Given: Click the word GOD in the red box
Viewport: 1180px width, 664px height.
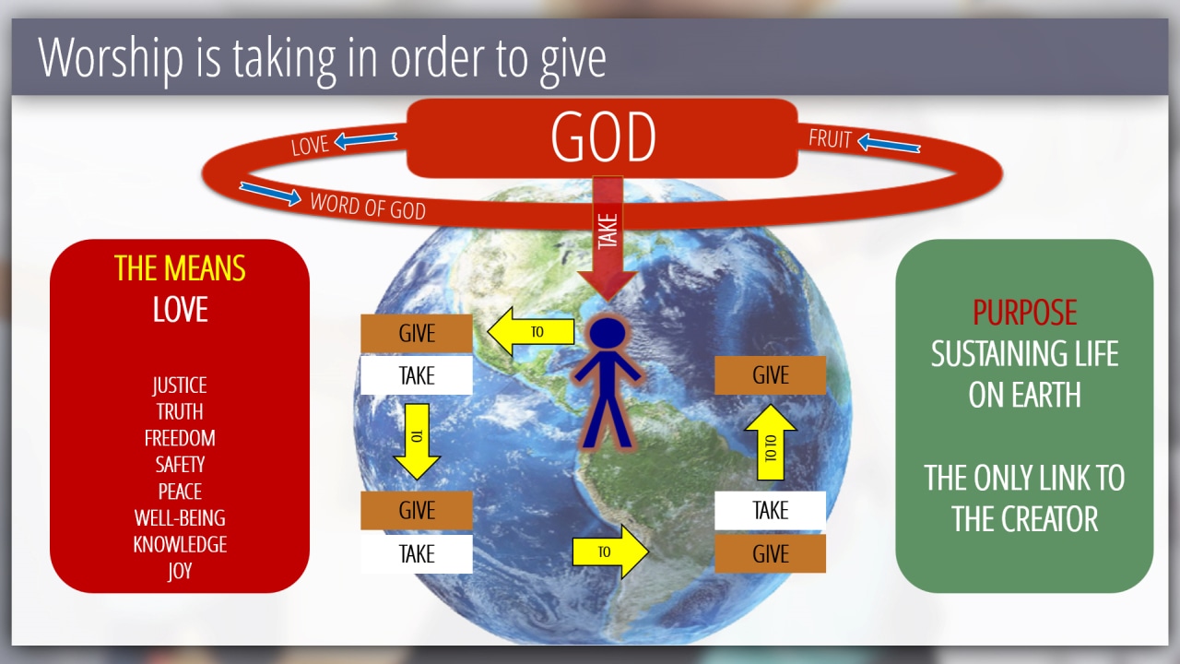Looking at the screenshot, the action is pos(603,137).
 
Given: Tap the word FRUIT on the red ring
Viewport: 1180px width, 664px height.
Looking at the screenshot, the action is pos(830,139).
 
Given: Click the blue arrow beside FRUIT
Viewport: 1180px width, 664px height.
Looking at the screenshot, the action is pos(889,143).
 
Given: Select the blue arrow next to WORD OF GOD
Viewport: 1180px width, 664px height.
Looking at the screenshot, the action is pos(270,194).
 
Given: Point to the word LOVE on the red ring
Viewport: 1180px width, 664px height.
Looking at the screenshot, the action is pos(310,145).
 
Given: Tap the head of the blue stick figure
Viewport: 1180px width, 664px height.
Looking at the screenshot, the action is pos(608,333).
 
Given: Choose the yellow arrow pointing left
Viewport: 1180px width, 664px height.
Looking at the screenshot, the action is pos(531,331).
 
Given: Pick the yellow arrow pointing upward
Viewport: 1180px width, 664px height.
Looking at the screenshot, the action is pos(770,442).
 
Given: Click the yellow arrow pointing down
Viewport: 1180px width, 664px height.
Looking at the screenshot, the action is pos(417,442).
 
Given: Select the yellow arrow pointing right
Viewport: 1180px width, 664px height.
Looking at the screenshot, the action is pos(610,551).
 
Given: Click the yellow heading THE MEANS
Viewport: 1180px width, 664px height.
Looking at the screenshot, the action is pos(180,268).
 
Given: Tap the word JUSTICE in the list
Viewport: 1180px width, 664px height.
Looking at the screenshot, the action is pos(180,385).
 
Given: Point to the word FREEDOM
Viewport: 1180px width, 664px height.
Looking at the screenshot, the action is pos(180,438).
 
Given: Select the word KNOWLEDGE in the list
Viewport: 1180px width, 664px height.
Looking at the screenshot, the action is pos(180,544).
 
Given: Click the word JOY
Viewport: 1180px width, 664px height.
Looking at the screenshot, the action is pos(180,571).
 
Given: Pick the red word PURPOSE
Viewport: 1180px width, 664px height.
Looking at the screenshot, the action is pos(1024,312).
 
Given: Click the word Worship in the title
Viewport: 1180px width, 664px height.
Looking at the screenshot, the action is pos(111,58).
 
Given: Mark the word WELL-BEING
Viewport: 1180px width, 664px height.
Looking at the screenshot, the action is pos(180,518).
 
